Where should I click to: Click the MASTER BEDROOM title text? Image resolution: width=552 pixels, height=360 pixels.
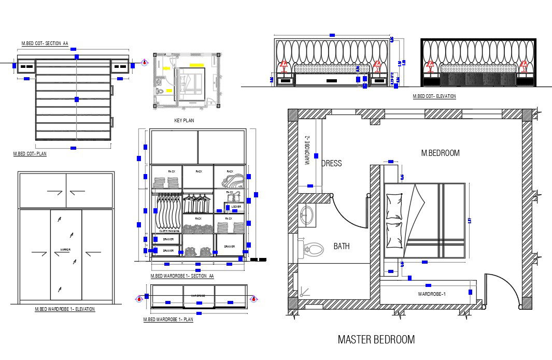pyautogui.click(x=376, y=340)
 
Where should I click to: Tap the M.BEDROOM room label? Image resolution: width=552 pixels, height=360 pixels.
pyautogui.click(x=440, y=153)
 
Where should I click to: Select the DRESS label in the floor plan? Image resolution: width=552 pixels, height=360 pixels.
pyautogui.click(x=332, y=163)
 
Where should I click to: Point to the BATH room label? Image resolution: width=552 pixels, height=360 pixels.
pyautogui.click(x=341, y=246)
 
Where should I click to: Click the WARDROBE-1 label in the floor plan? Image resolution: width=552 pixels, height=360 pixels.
pyautogui.click(x=432, y=294)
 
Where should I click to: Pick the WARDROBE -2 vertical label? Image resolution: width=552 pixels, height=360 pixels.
pyautogui.click(x=307, y=150)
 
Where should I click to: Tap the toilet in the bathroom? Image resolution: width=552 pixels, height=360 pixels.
pyautogui.click(x=313, y=250)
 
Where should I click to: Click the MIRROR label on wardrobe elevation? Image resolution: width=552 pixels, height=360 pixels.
pyautogui.click(x=65, y=250)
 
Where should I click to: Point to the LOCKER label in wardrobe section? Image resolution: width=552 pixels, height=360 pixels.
pyautogui.click(x=236, y=207)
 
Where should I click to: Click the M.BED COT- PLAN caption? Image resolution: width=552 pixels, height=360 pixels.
pyautogui.click(x=30, y=154)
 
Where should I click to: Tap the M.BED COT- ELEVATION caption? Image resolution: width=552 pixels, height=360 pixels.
pyautogui.click(x=434, y=96)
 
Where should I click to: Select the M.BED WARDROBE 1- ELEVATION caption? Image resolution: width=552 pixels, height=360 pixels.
pyautogui.click(x=65, y=309)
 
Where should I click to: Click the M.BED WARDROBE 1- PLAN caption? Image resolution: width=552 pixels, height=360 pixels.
pyautogui.click(x=168, y=320)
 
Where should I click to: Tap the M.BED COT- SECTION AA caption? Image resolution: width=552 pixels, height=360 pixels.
pyautogui.click(x=45, y=44)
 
